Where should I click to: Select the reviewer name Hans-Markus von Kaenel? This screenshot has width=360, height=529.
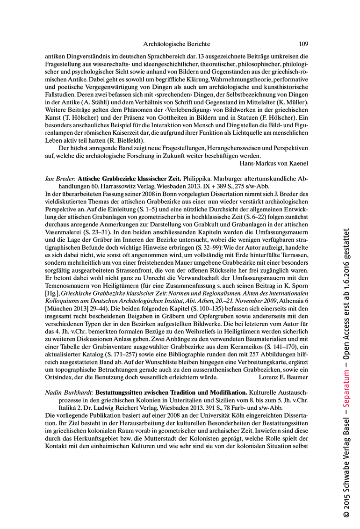pyautogui.click(x=274, y=163)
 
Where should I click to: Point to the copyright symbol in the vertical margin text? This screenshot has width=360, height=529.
pyautogui.click(x=346, y=513)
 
